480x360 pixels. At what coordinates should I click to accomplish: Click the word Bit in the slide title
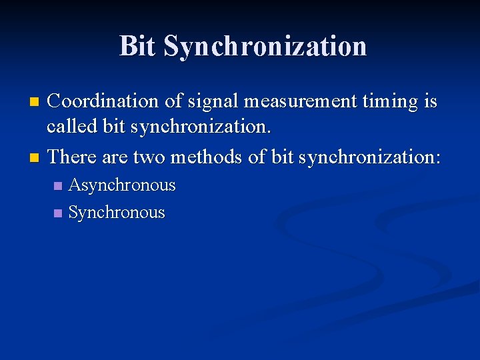138,46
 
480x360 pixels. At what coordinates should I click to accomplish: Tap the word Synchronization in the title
265,47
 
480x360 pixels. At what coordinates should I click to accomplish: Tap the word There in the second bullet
71,157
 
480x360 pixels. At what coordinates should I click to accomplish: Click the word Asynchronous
122,185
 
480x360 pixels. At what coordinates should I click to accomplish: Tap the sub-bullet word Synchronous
117,213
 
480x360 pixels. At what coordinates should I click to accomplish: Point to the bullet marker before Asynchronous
57,186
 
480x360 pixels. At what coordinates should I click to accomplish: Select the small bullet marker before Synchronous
57,213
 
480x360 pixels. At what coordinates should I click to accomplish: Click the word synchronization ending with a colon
370,157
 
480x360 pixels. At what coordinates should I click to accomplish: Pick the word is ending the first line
429,101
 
